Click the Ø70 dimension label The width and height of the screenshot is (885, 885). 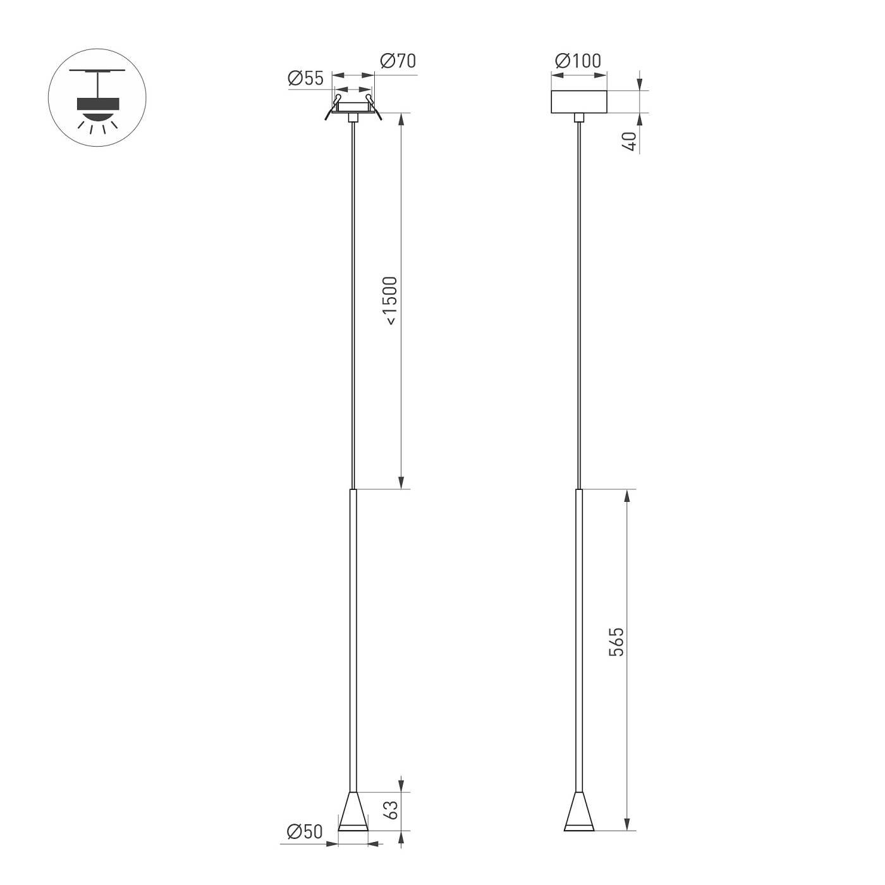tap(398, 61)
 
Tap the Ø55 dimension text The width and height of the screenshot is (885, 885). tap(305, 78)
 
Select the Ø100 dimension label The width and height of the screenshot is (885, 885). tap(578, 61)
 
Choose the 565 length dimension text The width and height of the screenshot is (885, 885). tap(616, 642)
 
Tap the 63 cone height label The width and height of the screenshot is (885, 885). tap(391, 810)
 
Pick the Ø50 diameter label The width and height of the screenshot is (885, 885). tap(305, 832)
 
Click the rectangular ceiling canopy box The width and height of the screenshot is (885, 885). tap(579, 102)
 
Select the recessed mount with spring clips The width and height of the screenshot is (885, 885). tap(353, 109)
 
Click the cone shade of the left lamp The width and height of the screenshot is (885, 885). tap(353, 812)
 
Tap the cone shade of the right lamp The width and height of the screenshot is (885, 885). tap(579, 812)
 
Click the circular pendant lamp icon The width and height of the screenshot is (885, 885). tap(97, 97)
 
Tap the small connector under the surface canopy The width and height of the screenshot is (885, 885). tap(579, 117)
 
